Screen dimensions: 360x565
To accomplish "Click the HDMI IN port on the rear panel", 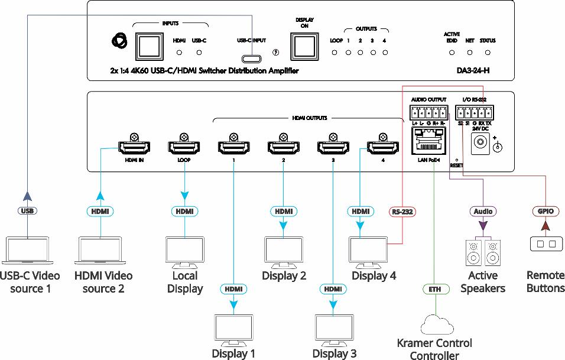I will (x=134, y=147).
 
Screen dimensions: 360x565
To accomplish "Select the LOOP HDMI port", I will (x=183, y=147).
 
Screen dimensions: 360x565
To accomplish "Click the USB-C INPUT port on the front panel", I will (x=251, y=59).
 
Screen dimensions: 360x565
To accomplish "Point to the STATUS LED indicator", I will (x=488, y=53).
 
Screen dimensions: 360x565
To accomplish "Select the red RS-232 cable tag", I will (x=402, y=211).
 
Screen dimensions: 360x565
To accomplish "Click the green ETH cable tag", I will (x=435, y=290).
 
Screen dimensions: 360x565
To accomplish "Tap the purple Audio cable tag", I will (x=483, y=211).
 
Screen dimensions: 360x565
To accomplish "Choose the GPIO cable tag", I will (x=544, y=211).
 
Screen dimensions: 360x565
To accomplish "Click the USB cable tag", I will (x=27, y=211).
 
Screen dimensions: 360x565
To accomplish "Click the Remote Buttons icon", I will (x=544, y=244).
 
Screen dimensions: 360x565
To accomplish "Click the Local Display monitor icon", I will (x=184, y=251).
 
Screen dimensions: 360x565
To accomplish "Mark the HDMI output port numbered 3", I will (x=333, y=147).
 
